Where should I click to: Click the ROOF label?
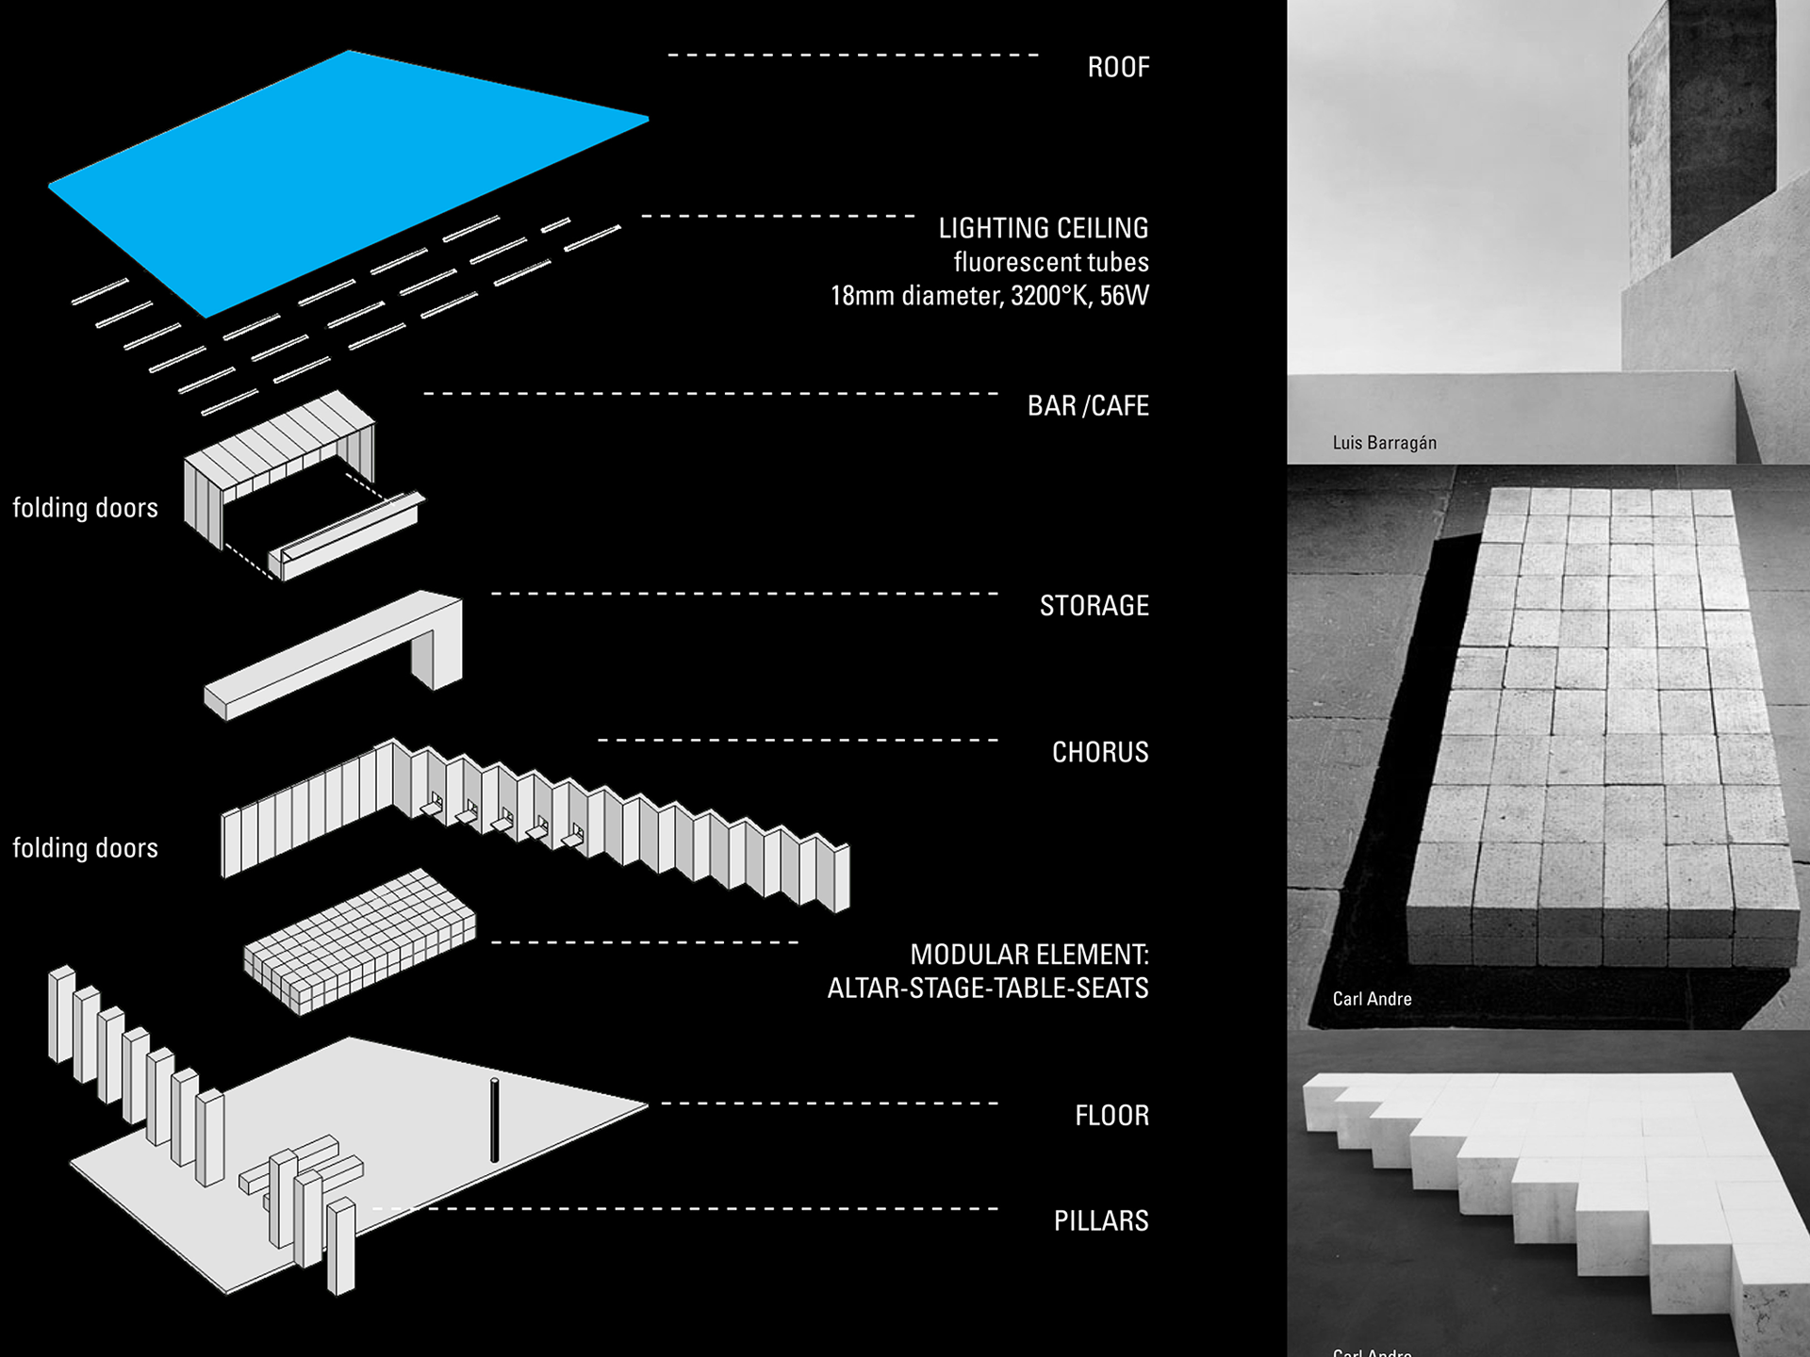(x=1118, y=68)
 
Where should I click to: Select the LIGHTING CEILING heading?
(x=1043, y=228)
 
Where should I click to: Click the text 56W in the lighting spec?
(x=1124, y=296)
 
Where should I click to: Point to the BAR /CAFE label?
(x=1088, y=406)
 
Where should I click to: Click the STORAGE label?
(x=1094, y=606)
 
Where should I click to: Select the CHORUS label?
(x=1100, y=752)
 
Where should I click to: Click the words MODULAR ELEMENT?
(x=1028, y=955)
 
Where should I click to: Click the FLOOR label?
(x=1111, y=1116)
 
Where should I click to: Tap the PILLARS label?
(x=1100, y=1221)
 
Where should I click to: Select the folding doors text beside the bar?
(x=85, y=508)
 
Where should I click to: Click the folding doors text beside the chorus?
(x=85, y=848)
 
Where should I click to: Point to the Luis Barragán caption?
(x=1384, y=443)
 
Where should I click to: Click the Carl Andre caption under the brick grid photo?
(x=1372, y=999)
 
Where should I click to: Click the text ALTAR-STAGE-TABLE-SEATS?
(x=987, y=989)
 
